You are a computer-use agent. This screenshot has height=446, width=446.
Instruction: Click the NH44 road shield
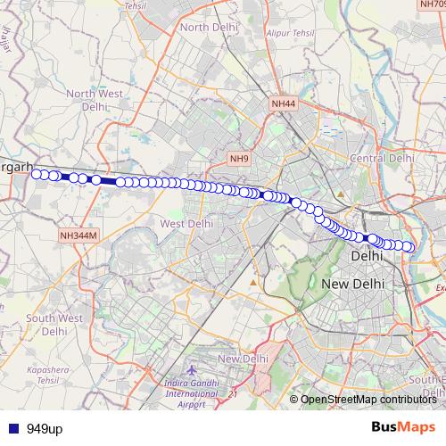[283, 104]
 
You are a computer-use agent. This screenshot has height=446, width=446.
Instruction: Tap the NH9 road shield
[238, 159]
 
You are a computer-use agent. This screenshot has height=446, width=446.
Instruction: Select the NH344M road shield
[77, 235]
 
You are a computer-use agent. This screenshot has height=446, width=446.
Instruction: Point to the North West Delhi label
[92, 100]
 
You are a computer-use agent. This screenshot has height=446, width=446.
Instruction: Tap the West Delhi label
[186, 223]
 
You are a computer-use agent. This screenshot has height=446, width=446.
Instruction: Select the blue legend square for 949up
[12, 429]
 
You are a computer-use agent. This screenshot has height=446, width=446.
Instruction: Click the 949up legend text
[44, 429]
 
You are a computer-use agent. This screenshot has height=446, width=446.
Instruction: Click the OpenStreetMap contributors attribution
[368, 399]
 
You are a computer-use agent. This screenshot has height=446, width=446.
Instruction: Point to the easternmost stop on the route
[409, 246]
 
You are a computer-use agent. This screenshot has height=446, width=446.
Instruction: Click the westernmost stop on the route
[37, 174]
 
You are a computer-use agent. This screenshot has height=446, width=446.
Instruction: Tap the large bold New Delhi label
[352, 283]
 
